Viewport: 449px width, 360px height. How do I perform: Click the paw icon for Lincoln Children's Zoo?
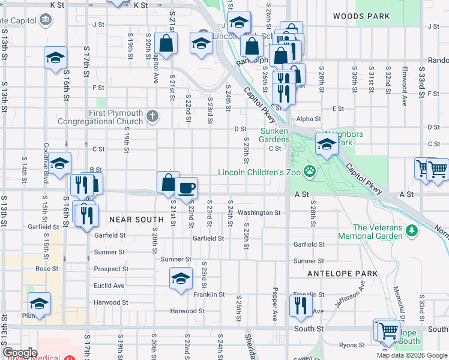(x=310, y=172)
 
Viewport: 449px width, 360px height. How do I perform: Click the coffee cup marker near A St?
(x=186, y=188)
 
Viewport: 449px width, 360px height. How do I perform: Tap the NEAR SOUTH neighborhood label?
(x=136, y=220)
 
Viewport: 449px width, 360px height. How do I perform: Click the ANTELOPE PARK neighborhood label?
(x=342, y=274)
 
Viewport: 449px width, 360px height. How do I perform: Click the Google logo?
(x=20, y=352)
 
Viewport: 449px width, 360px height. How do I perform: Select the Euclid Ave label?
(x=110, y=286)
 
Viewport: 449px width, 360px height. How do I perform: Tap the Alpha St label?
(x=309, y=119)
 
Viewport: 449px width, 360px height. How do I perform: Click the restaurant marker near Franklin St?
(x=298, y=305)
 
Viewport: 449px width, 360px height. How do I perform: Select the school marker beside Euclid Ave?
(x=180, y=278)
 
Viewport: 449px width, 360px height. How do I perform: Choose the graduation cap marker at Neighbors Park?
(x=326, y=144)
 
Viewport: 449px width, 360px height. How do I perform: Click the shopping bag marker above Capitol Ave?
(x=165, y=44)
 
